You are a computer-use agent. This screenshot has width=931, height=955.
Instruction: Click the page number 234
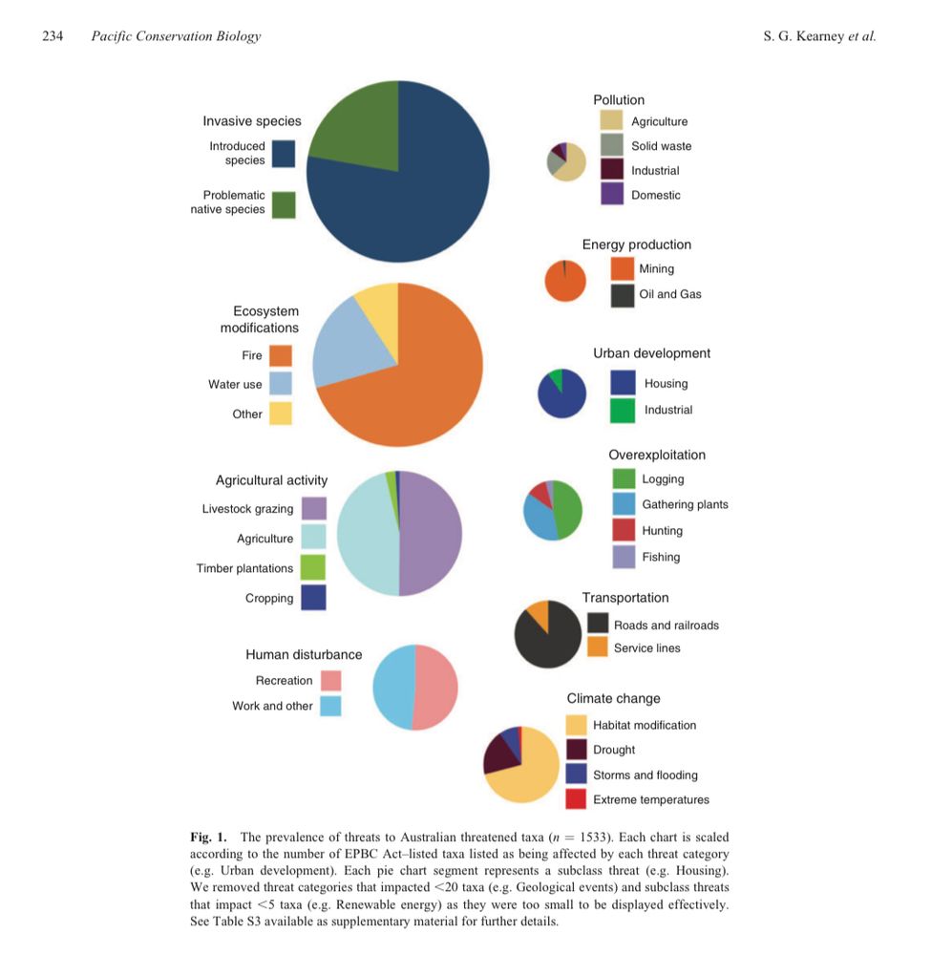[x=53, y=36]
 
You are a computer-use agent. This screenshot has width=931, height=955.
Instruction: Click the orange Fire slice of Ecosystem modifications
[x=420, y=382]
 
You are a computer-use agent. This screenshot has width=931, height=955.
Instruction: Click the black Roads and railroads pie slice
[x=548, y=640]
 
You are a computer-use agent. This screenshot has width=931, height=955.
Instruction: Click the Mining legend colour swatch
[x=623, y=269]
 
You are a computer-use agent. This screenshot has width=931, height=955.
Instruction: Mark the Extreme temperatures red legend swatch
[x=576, y=799]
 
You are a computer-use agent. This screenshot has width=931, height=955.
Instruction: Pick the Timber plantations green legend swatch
[x=313, y=568]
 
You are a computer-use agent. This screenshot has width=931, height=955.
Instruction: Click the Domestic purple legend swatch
[x=612, y=195]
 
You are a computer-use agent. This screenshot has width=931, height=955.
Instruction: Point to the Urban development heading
[x=651, y=353]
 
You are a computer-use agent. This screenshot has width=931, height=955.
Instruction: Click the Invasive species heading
[x=252, y=121]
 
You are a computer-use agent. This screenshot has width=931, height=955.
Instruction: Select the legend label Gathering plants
[x=685, y=504]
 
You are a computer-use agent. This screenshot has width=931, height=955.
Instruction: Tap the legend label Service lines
[x=646, y=648]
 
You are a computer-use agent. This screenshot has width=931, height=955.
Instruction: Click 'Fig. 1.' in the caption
[x=208, y=838]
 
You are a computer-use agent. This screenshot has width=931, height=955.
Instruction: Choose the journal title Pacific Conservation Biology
[x=175, y=36]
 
